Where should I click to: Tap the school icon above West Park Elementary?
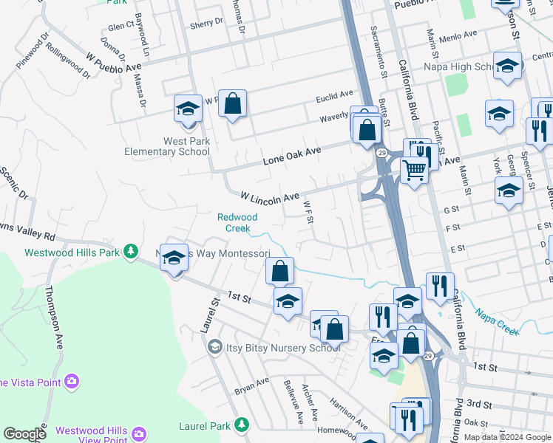[188, 109]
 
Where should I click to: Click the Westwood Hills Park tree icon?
[131, 252]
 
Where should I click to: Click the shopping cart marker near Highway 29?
[414, 170]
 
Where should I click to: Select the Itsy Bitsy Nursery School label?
[274, 346]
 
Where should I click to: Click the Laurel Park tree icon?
[241, 425]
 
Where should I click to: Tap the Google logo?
[24, 434]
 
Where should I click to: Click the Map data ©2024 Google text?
[508, 437]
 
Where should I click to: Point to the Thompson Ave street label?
[55, 317]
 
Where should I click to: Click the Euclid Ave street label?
[335, 96]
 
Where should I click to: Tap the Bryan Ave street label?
[251, 385]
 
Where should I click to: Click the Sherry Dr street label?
[206, 24]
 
